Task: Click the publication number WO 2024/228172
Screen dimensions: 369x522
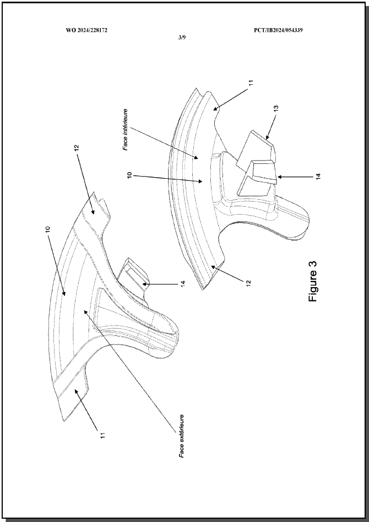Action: (86, 30)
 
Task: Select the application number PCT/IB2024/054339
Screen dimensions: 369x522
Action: (278, 30)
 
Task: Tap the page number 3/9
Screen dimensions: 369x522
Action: (182, 37)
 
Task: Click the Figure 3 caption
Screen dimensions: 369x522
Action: (313, 281)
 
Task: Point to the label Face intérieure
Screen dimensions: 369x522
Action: (126, 129)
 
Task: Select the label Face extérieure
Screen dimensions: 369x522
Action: (182, 436)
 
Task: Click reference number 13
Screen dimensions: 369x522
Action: (276, 108)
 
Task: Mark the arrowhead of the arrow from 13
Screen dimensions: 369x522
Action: (267, 137)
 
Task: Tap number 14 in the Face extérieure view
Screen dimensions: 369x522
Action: (182, 284)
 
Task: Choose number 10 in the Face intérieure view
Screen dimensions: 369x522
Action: (129, 175)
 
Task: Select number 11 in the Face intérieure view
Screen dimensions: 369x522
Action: (251, 82)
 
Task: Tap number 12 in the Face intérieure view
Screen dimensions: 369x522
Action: (248, 283)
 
